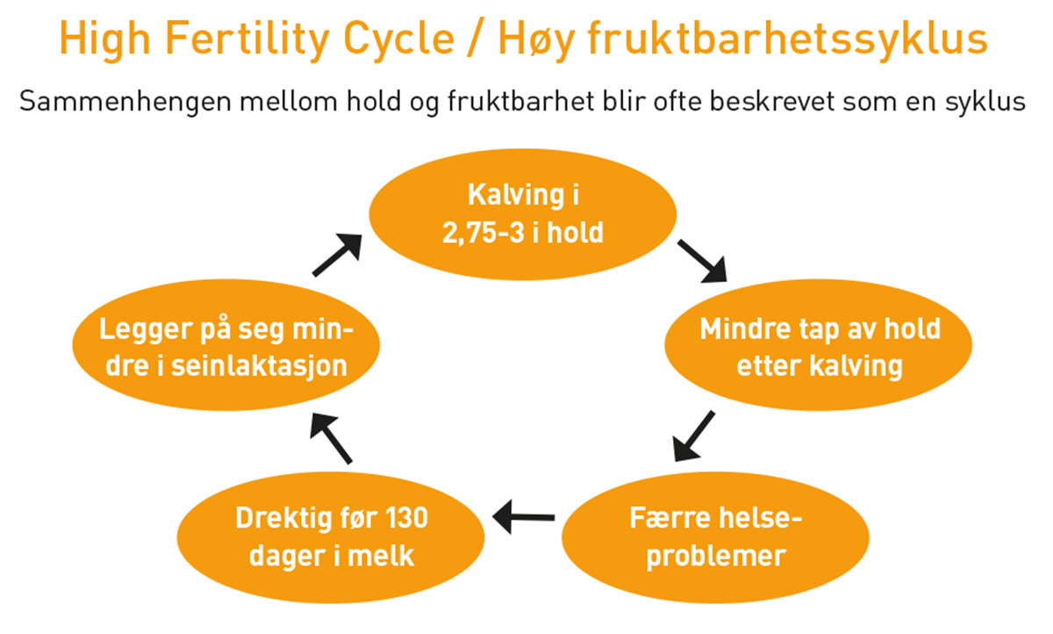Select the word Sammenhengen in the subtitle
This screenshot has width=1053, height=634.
(125, 102)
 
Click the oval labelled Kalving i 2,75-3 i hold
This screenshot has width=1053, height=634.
(523, 214)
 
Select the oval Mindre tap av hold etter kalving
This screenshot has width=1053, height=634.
(819, 345)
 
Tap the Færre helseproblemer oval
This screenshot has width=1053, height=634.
(715, 537)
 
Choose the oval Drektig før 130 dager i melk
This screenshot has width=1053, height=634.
(331, 537)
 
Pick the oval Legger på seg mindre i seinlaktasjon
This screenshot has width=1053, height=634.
(226, 345)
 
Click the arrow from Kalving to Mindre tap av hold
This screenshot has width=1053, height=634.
(702, 262)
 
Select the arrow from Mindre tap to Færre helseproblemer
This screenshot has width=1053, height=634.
(694, 436)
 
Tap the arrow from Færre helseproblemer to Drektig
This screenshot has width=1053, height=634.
(524, 517)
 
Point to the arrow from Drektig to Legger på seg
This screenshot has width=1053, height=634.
(331, 438)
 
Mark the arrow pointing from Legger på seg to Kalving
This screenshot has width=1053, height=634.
(337, 255)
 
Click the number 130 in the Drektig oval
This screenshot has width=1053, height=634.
(406, 518)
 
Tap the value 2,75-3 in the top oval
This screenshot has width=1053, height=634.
(484, 233)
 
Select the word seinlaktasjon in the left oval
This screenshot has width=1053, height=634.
(259, 366)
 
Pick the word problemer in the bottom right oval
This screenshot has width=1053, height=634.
(716, 557)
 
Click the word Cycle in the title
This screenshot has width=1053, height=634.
(399, 40)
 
